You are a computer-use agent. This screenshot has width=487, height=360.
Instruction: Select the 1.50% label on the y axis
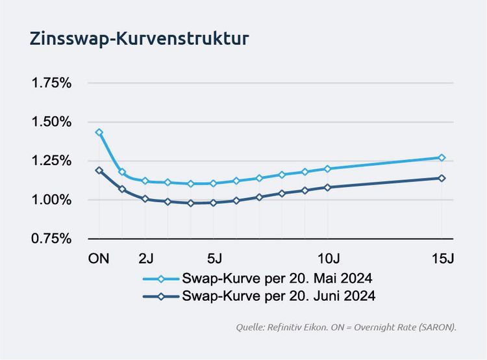point(52,122)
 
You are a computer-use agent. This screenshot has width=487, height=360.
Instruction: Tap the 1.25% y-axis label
point(52,161)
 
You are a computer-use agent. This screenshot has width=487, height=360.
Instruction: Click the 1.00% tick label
point(52,200)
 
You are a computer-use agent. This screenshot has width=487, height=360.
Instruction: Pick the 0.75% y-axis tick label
point(52,239)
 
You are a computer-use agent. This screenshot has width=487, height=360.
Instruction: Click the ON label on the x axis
point(99,259)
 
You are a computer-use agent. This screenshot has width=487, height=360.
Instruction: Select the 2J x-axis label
point(145,259)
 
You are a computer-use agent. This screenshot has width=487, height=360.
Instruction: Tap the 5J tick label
point(214,259)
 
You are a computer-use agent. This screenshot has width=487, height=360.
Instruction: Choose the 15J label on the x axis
point(442,259)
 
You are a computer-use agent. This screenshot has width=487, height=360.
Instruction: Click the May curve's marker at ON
point(99,132)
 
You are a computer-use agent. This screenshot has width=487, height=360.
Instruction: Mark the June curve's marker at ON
point(99,170)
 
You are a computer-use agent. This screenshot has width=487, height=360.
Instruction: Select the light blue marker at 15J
point(442,157)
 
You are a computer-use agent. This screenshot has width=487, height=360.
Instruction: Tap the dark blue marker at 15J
point(442,178)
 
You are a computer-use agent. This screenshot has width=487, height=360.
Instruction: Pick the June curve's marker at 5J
point(214,203)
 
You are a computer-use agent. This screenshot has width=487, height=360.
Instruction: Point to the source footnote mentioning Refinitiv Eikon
point(346,328)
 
